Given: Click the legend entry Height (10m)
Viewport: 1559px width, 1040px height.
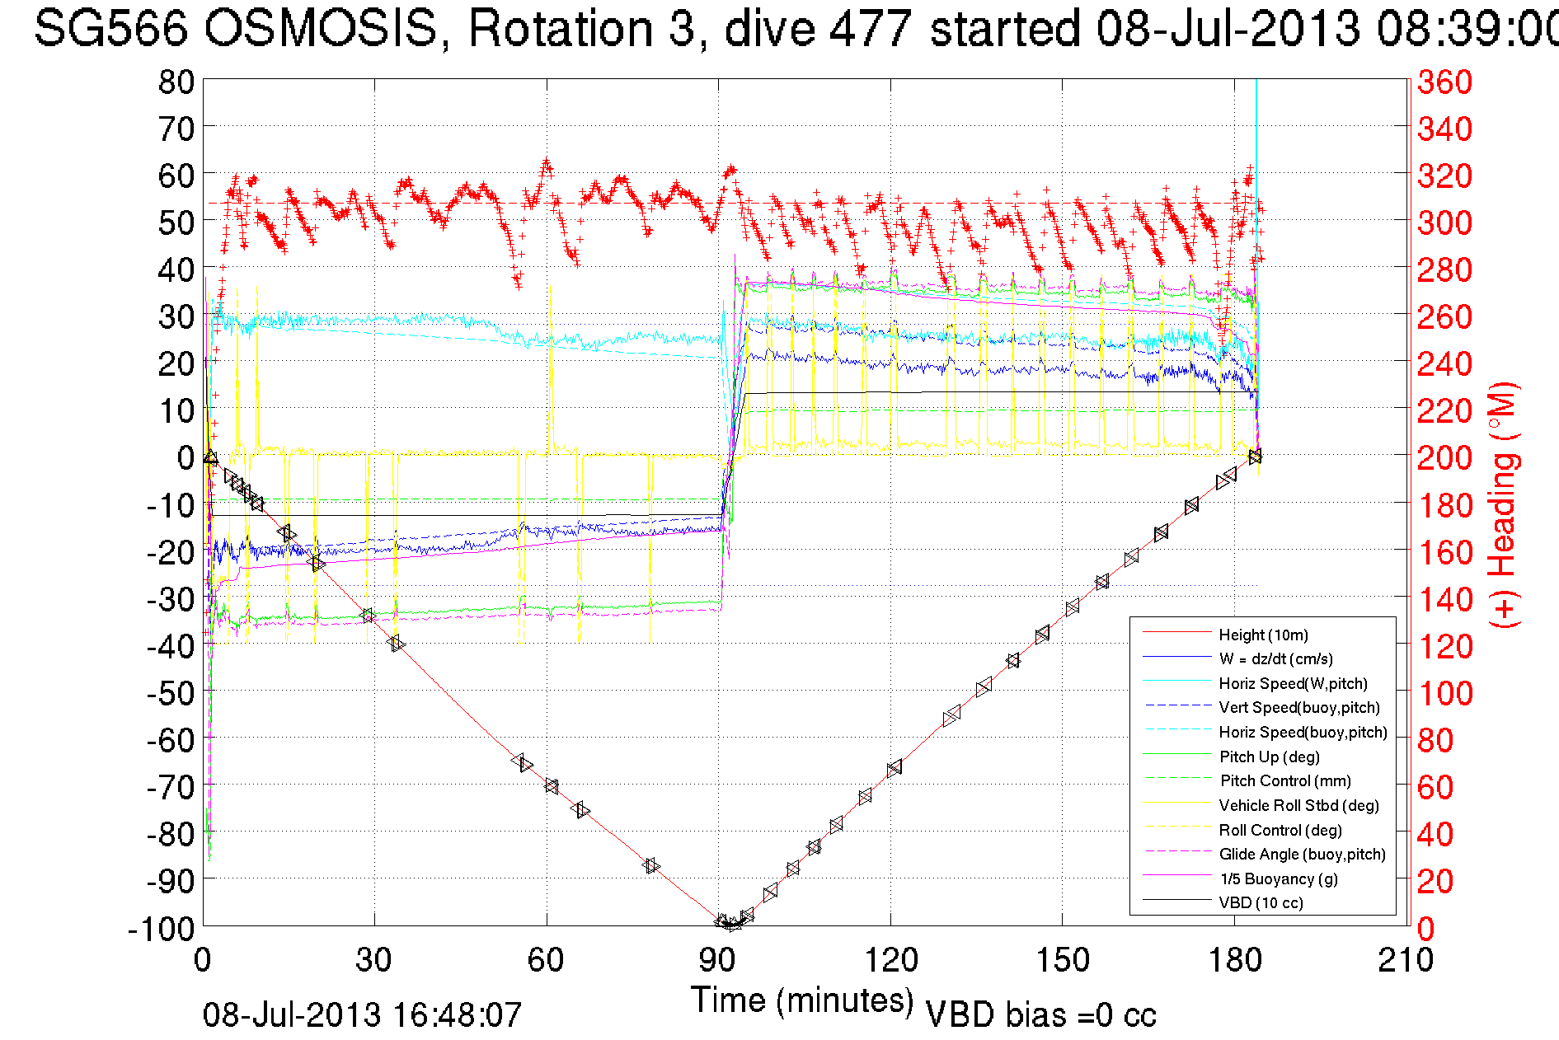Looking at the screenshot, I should click(1263, 635).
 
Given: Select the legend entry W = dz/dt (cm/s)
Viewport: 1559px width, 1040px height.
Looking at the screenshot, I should click(1275, 658).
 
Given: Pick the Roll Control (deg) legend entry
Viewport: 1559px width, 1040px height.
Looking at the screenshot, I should click(1280, 830).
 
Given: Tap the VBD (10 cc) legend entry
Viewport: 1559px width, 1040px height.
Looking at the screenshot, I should click(1261, 902).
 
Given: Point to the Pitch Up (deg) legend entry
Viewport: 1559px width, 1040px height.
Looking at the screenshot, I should click(1269, 757).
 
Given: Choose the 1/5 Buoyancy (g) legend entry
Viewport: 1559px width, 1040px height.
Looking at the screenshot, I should click(1279, 878).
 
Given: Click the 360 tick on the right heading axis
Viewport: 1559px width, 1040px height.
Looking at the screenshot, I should click(1444, 82).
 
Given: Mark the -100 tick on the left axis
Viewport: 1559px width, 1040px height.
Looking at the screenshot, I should click(162, 929).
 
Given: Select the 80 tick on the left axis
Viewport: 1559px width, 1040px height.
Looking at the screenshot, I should click(176, 82).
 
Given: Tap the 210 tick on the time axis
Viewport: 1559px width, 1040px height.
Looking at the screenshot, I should click(1406, 960).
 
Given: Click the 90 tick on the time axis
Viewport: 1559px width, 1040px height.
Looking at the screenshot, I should click(718, 960).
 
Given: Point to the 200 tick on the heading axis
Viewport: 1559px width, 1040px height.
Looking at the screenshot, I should click(1444, 457).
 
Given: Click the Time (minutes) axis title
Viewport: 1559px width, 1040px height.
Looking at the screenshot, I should click(802, 1000).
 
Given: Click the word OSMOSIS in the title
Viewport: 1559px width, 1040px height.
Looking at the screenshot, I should click(322, 29).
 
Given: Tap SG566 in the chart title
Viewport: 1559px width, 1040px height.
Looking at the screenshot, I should click(111, 29).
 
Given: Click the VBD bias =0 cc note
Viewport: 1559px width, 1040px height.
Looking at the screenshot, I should click(1040, 1015).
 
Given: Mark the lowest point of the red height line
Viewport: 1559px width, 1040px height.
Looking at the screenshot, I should click(730, 926).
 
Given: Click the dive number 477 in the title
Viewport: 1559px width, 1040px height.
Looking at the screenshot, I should click(870, 29).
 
